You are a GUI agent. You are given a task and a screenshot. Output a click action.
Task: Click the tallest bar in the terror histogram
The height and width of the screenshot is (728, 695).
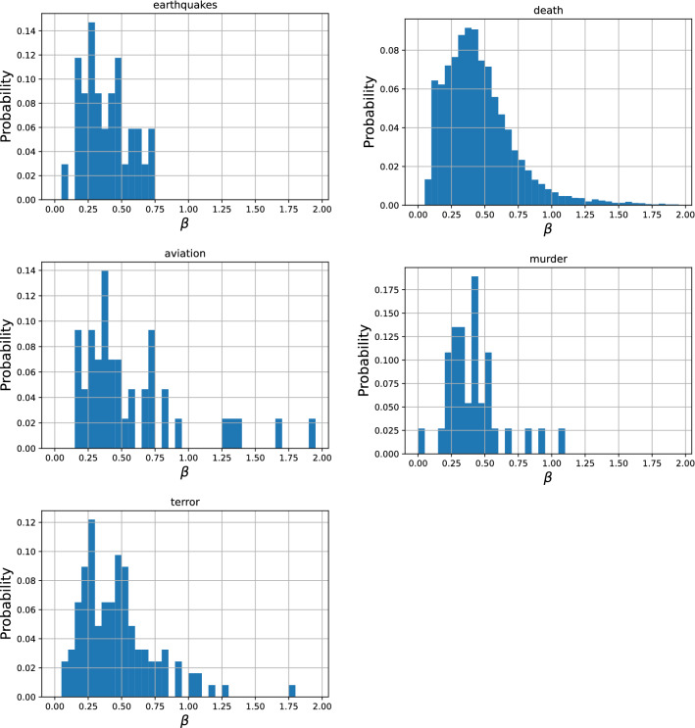(91, 607)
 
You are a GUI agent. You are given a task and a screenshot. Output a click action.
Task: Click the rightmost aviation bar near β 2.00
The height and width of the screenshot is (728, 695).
(312, 434)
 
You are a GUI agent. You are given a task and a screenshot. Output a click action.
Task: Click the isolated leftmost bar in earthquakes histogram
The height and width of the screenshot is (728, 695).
(65, 182)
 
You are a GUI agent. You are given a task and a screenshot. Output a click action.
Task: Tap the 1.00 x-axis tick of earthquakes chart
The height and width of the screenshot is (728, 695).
(187, 209)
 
